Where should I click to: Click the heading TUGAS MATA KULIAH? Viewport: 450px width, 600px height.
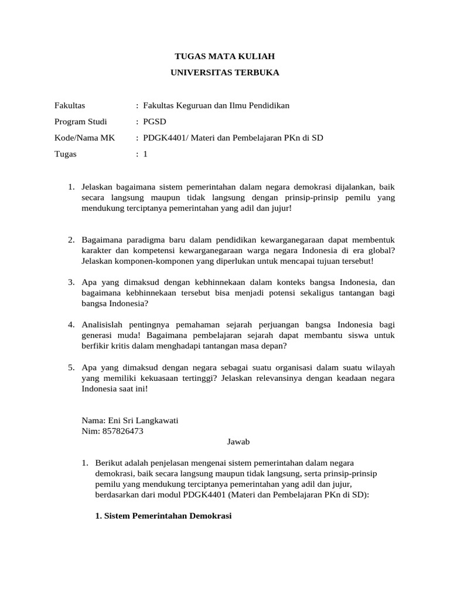coord(225,56)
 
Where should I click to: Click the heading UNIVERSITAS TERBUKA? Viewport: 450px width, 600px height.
coord(225,73)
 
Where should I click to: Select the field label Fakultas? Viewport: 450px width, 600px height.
coord(70,105)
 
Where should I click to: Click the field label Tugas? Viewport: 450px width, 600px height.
coord(65,154)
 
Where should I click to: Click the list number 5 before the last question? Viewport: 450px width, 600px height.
coord(70,367)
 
